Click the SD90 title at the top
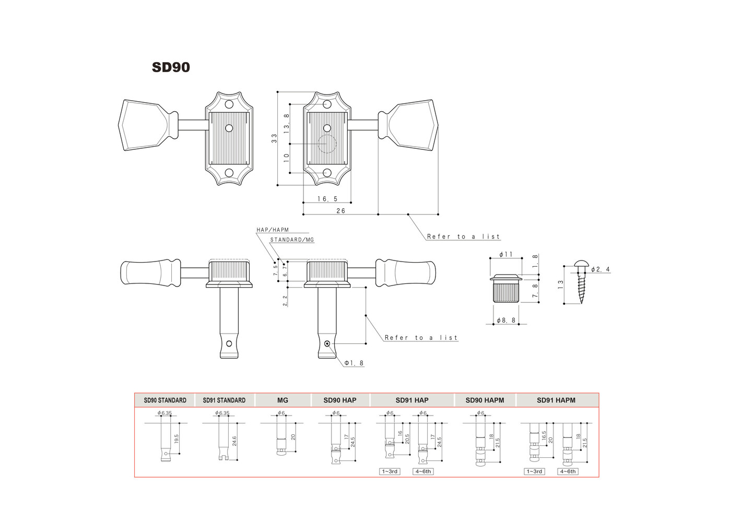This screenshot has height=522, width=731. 171,67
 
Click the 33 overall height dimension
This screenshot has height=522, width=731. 274,138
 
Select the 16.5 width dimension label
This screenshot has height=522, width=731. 327,199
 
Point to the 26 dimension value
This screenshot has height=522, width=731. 340,211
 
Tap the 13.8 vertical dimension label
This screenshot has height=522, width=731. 287,123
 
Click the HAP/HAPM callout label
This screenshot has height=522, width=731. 273,230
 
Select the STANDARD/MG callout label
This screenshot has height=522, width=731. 292,240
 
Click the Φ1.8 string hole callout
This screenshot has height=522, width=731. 354,363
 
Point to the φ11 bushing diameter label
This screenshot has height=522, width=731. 506,254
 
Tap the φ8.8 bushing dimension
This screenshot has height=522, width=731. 506,321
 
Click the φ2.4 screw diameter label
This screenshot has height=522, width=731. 600,269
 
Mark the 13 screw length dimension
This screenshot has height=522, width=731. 561,284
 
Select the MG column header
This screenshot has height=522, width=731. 282,400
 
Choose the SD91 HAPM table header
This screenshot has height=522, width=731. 556,400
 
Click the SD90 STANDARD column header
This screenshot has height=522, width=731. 165,400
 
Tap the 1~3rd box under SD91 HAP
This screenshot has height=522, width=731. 390,471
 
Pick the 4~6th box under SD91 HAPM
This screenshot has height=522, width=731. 568,471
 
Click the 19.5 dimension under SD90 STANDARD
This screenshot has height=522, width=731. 176,439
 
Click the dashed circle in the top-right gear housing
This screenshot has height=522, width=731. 327,144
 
